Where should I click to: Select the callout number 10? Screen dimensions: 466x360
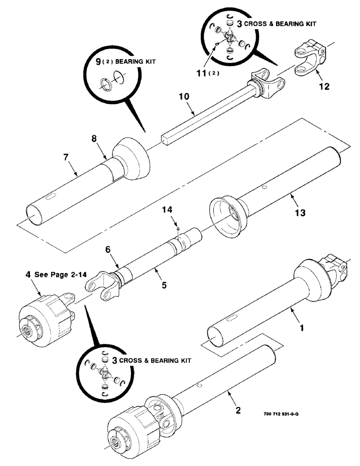(184, 97)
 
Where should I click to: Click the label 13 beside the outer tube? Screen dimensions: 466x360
(299, 212)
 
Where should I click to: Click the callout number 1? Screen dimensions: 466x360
(302, 328)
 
